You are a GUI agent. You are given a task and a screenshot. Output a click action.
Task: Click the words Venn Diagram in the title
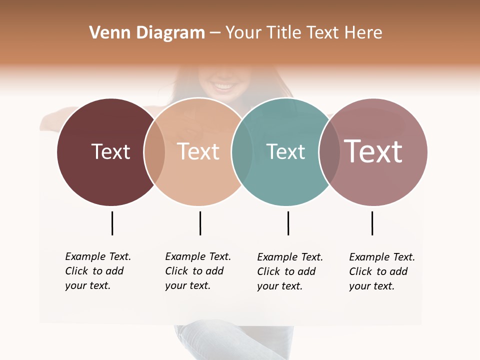click(x=147, y=33)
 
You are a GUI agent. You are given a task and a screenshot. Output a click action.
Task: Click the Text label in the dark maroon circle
click(x=110, y=151)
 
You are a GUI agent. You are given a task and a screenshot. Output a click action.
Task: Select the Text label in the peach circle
click(x=198, y=151)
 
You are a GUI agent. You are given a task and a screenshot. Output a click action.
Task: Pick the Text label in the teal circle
click(x=285, y=151)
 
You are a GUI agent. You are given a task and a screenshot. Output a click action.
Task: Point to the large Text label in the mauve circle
click(x=373, y=151)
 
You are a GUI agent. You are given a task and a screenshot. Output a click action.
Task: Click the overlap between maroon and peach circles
click(x=154, y=152)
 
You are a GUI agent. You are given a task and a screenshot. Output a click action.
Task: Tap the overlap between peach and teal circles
click(x=242, y=152)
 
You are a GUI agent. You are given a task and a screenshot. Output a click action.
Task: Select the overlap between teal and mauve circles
click(x=329, y=152)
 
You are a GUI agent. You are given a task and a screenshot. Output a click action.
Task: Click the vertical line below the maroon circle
click(x=112, y=223)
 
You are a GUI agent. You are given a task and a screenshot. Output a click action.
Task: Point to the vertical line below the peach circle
click(x=200, y=223)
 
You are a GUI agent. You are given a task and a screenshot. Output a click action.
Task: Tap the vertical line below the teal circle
click(x=288, y=223)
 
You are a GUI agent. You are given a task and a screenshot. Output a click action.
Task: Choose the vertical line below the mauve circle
click(x=372, y=223)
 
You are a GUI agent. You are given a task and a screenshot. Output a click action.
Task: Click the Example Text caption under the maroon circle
click(x=97, y=271)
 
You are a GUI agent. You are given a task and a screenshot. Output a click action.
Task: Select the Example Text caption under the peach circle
click(x=197, y=271)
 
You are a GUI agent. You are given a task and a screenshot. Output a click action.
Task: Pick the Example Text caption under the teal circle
click(x=289, y=271)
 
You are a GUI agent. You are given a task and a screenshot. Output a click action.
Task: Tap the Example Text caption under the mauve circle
click(x=381, y=271)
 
